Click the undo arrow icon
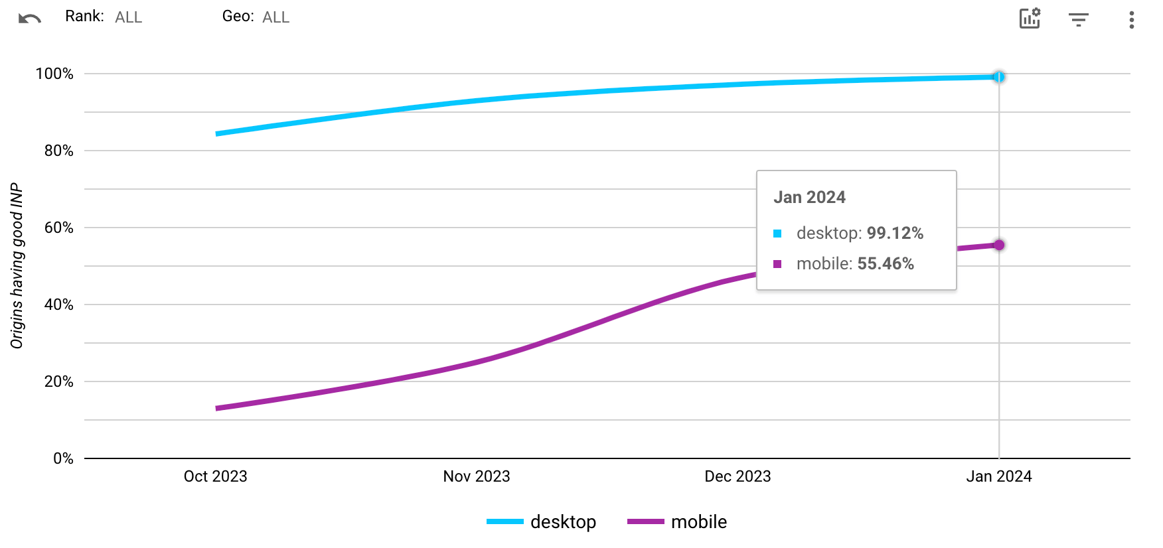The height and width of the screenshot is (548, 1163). [x=30, y=19]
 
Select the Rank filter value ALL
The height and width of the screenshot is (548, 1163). [x=128, y=17]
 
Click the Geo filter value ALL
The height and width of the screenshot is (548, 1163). [x=275, y=17]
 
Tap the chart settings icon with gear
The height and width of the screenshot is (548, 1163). [x=1030, y=19]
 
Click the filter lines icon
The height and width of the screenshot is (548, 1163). [x=1079, y=20]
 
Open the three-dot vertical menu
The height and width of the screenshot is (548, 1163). [x=1131, y=20]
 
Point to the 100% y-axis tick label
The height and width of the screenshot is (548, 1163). [x=54, y=74]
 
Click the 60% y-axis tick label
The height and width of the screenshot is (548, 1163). [x=58, y=228]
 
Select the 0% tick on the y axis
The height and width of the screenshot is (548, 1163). [x=63, y=458]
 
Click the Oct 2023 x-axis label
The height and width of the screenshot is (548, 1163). [x=215, y=476]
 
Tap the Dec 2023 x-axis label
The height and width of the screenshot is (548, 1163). [x=737, y=476]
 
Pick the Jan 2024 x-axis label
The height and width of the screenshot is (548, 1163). [x=998, y=476]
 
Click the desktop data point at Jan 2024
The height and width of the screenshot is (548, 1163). [x=998, y=77]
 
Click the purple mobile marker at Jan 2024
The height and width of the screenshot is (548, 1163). [x=998, y=245]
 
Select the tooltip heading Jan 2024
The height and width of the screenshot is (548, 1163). [x=809, y=197]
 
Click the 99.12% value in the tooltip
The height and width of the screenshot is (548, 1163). [x=895, y=233]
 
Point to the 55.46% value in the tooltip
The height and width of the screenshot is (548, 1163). [x=886, y=263]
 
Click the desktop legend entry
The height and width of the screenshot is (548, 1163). [x=542, y=521]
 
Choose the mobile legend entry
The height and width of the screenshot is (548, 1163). [x=677, y=521]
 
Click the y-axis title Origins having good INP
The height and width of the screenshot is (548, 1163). [x=17, y=265]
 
